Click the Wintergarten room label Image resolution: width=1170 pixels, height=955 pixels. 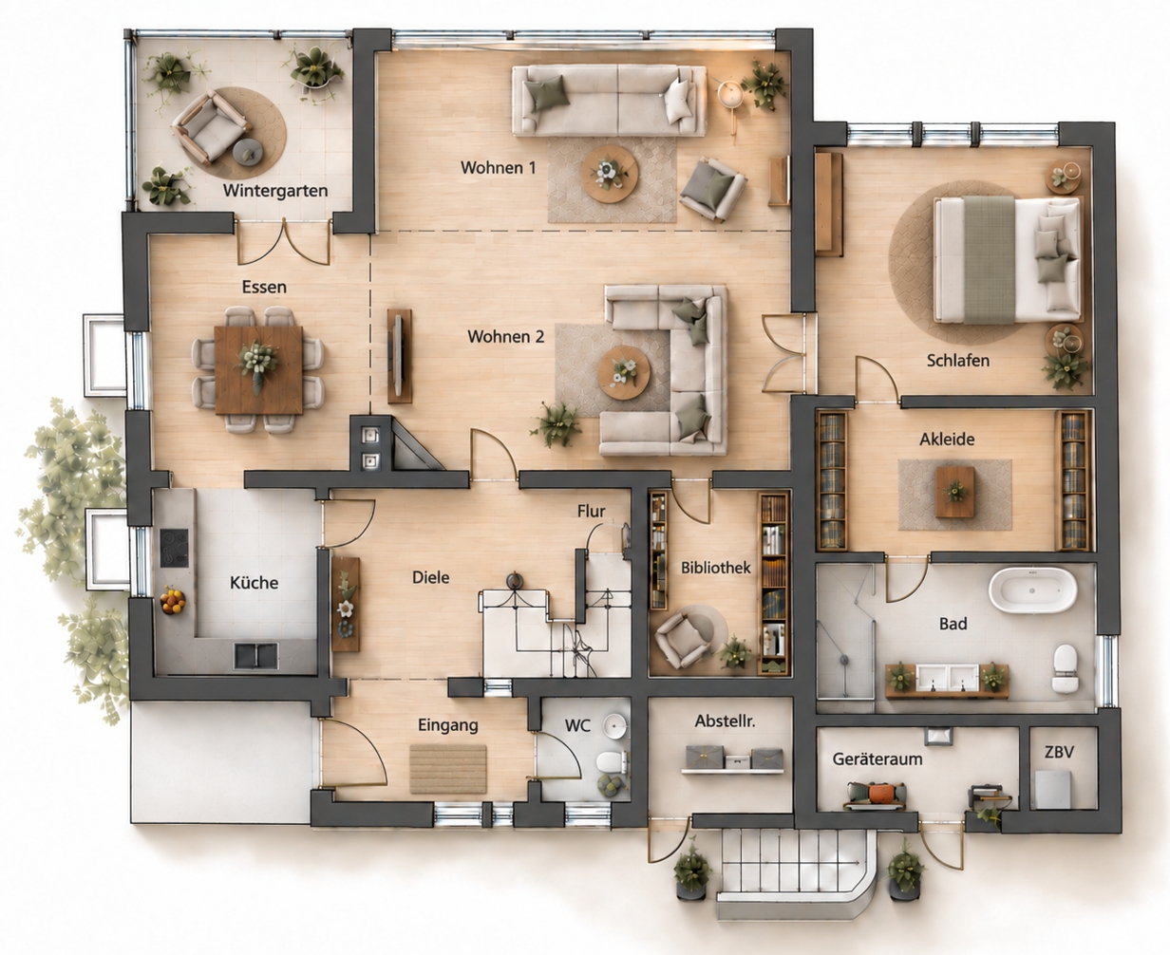[x=275, y=190]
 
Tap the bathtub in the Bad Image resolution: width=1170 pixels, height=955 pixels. [x=1032, y=590]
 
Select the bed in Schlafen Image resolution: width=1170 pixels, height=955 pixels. [x=1008, y=259]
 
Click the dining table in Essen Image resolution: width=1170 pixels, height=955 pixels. [x=258, y=370]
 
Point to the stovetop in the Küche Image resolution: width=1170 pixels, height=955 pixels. [x=174, y=548]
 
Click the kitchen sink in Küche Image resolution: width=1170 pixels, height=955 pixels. [x=255, y=656]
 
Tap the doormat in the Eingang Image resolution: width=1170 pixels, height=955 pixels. [x=448, y=769]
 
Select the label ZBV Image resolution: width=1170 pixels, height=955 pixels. [x=1059, y=752]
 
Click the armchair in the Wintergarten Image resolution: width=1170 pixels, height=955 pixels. [x=211, y=127]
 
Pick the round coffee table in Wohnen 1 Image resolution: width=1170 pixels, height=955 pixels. [x=610, y=174]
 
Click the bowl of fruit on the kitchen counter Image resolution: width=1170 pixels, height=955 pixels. [x=173, y=601]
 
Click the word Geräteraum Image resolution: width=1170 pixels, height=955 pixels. [x=877, y=759]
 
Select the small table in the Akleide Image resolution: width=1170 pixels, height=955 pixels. [x=954, y=492]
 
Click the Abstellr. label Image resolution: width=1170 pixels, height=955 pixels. [x=726, y=721]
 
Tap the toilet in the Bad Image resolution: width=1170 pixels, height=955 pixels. [x=1066, y=668]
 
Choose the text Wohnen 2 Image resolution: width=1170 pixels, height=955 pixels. [x=506, y=337]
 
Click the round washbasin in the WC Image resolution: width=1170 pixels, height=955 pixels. [x=614, y=726]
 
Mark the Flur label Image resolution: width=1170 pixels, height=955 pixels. [x=592, y=511]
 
